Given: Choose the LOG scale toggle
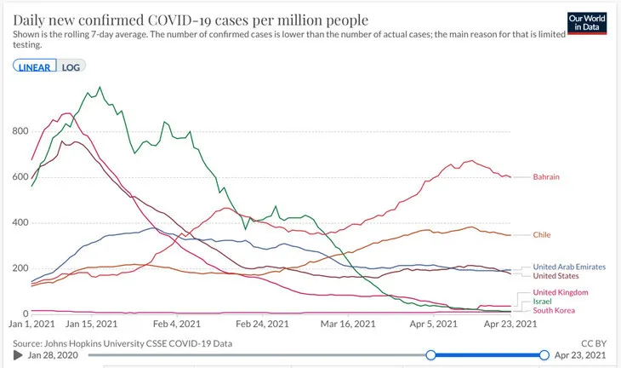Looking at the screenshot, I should click(x=71, y=66).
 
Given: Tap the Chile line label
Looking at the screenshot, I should click(x=542, y=234).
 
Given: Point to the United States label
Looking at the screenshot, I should click(x=555, y=276).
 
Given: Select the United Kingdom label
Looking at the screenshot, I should click(x=559, y=292).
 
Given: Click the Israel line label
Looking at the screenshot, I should click(x=542, y=302).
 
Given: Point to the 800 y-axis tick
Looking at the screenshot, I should click(x=19, y=131).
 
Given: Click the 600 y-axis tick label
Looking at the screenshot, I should click(x=19, y=177).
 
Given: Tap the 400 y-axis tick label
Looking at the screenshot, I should click(x=19, y=223).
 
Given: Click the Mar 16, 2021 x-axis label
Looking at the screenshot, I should click(x=347, y=325).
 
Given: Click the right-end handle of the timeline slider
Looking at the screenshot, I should click(x=544, y=354).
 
